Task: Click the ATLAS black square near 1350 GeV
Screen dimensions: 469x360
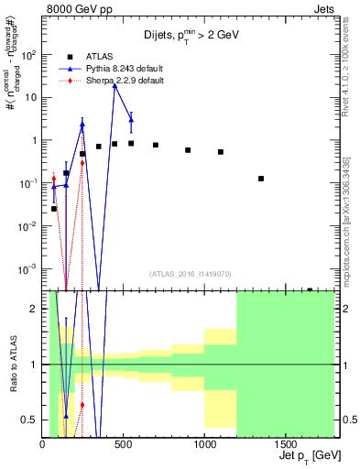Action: pos(261,179)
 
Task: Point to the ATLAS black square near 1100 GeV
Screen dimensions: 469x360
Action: pos(221,152)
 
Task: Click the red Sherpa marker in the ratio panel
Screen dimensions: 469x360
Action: pos(82,404)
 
